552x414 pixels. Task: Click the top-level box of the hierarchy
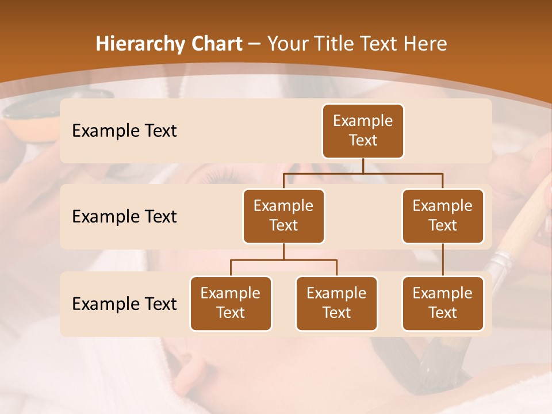pos(363,131)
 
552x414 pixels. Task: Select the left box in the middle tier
pos(283,216)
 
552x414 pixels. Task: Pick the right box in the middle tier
pos(443,216)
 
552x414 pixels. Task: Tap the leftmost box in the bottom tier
pos(231,303)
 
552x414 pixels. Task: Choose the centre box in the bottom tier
pos(336,303)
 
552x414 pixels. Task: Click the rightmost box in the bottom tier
pos(443,303)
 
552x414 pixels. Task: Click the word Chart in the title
pos(217,44)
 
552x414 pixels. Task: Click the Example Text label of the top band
pos(124,131)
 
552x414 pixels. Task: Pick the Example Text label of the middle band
pos(124,216)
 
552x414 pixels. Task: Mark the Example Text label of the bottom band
pos(124,304)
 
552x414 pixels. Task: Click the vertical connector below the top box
pos(363,166)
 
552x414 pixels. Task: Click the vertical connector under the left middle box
pos(283,251)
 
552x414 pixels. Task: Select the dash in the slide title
pos(255,44)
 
